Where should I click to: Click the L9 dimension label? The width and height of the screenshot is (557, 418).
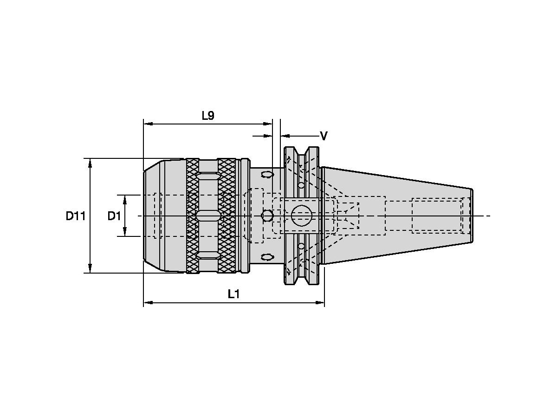[208, 116]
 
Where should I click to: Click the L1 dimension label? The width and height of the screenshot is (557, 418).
[233, 294]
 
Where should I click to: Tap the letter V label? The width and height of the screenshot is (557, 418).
[324, 136]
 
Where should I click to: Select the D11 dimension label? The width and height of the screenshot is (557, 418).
[75, 216]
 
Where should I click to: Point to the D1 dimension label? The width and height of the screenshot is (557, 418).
[114, 216]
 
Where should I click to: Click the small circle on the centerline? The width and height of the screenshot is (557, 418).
[267, 216]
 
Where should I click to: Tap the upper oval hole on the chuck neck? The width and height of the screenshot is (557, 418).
[267, 175]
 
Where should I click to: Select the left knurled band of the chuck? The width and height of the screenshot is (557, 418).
[193, 216]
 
